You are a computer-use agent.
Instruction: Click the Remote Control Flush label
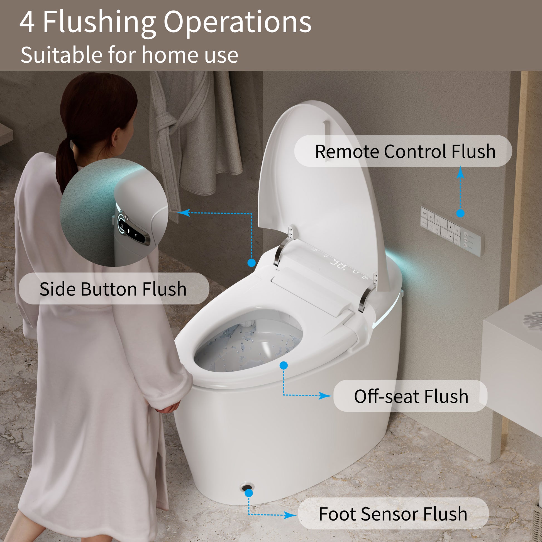tap(405, 152)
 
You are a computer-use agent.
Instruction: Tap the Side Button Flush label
tap(113, 289)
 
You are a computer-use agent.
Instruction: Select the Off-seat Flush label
tap(411, 396)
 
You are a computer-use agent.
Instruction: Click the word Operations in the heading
tap(237, 23)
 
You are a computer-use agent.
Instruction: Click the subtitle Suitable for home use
tap(129, 55)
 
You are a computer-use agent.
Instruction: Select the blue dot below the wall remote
tap(460, 214)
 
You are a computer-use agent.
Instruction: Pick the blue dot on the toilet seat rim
tap(284, 365)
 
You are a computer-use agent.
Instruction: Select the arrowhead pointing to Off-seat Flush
tap(325, 396)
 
